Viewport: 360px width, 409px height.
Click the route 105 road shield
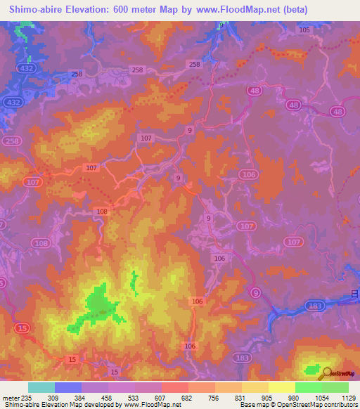(x=304, y=30)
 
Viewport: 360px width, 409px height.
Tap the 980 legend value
(x=295, y=398)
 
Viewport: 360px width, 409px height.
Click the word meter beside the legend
(x=11, y=398)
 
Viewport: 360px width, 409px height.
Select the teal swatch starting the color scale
(x=41, y=387)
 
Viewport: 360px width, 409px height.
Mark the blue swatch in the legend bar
(x=68, y=387)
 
